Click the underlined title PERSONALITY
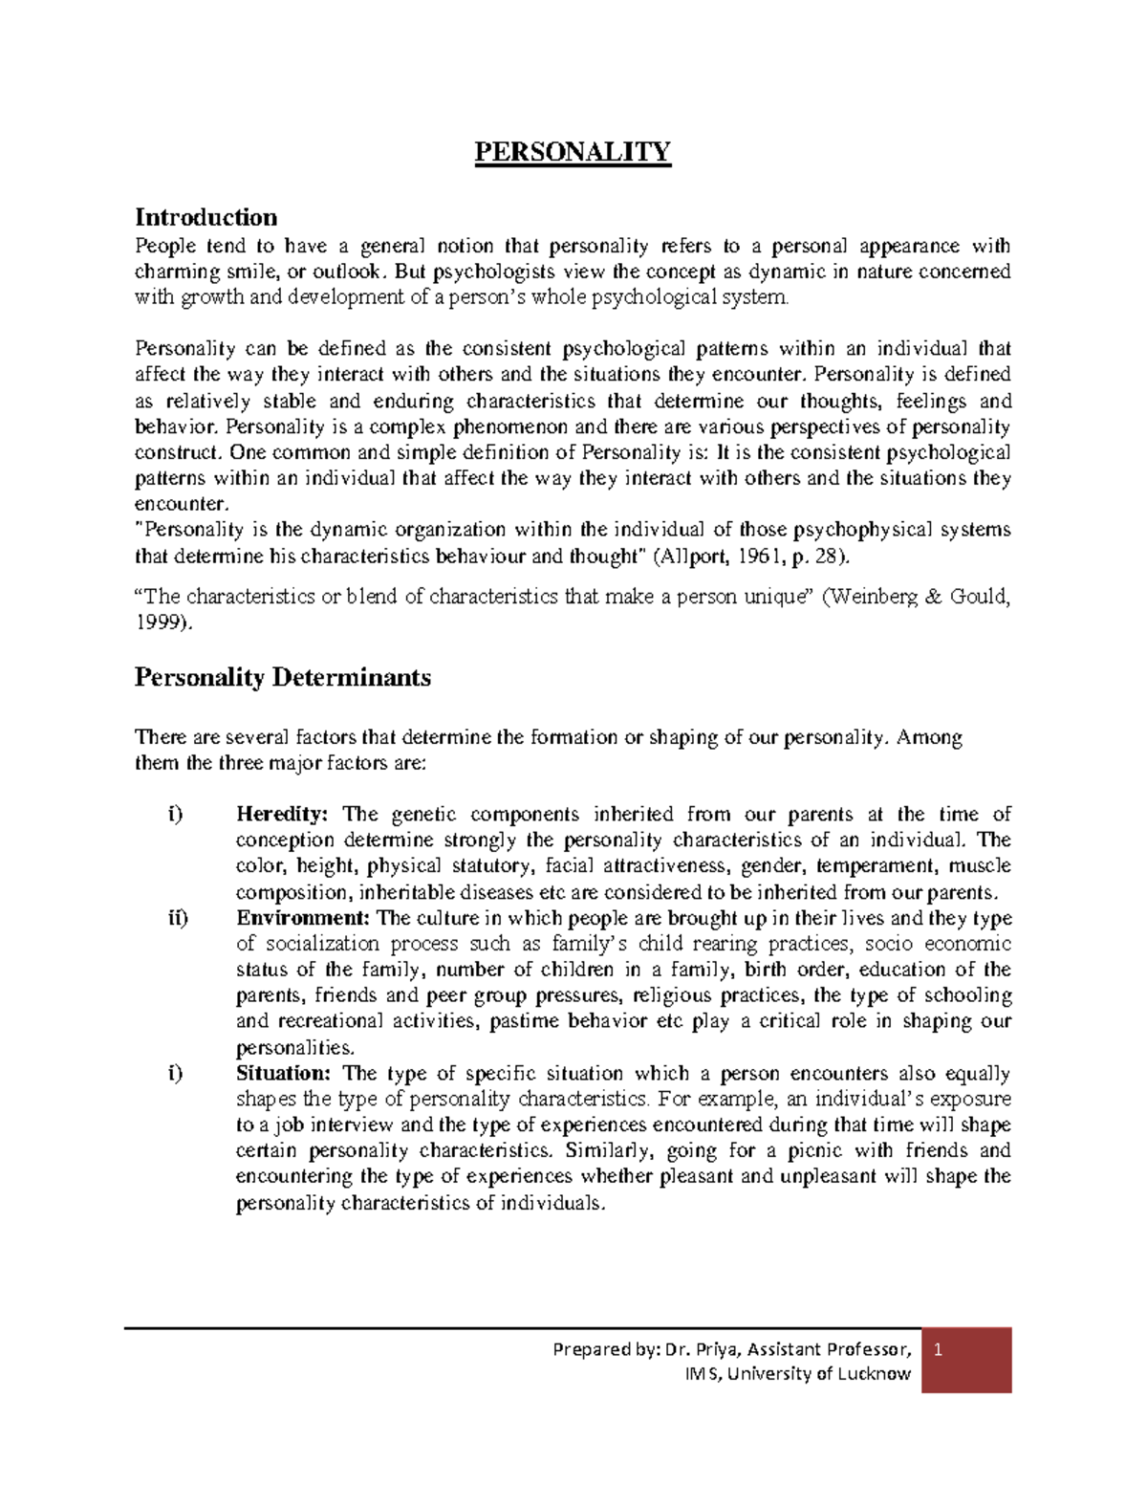pyautogui.click(x=573, y=152)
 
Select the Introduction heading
pyautogui.click(x=206, y=217)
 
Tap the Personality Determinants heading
pyautogui.click(x=282, y=678)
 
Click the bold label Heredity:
pyautogui.click(x=282, y=815)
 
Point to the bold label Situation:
pyautogui.click(x=282, y=1074)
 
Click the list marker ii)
pyautogui.click(x=178, y=919)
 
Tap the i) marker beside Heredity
pyautogui.click(x=174, y=815)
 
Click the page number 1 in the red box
pyautogui.click(x=939, y=1350)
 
